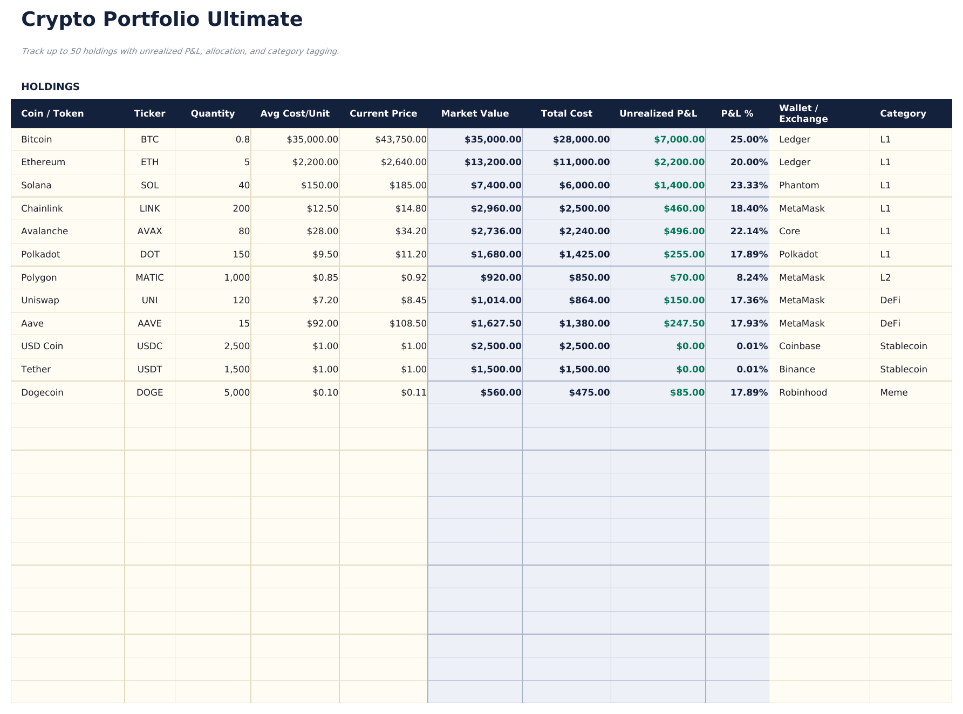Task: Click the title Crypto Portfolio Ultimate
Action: click(162, 19)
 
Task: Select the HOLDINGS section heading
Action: click(50, 87)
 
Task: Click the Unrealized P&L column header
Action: click(658, 113)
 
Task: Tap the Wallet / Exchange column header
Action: click(803, 113)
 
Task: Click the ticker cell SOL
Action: click(149, 185)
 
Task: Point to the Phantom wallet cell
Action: click(798, 185)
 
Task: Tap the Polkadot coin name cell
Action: click(40, 254)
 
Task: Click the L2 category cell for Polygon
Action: click(885, 277)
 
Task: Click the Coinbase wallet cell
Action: click(800, 346)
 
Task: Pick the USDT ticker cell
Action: click(149, 369)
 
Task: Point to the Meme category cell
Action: click(893, 392)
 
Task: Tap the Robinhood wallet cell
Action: click(803, 392)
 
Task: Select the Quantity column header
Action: click(213, 113)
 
